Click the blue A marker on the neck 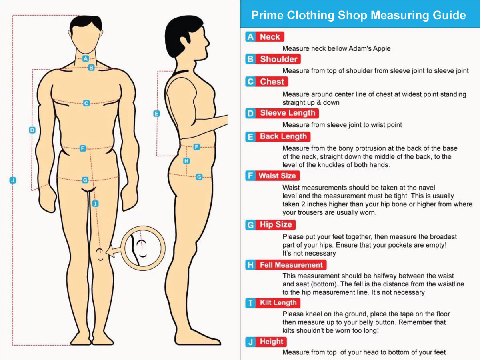pos(86,58)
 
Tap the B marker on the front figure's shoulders pos(91,68)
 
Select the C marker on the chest pos(86,103)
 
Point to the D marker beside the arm pos(32,130)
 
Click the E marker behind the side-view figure pos(156,114)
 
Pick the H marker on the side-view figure pos(186,161)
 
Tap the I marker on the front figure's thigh pos(95,204)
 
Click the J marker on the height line pos(13,180)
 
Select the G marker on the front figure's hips pos(85,180)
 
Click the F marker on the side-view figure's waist pos(196,147)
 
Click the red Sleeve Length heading pos(288,113)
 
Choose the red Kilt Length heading pos(278,303)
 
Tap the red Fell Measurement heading pos(291,265)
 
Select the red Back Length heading pos(283,137)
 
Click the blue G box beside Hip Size pos(250,225)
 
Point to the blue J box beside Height pos(250,342)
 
